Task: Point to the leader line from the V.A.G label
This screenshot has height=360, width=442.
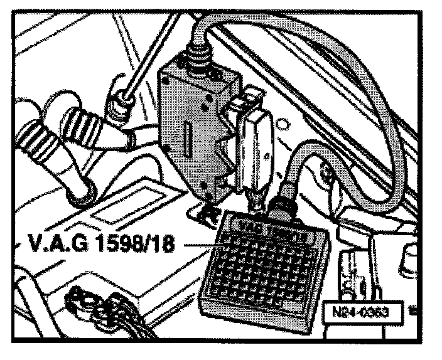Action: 195,245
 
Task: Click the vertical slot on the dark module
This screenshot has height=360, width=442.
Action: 188,134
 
